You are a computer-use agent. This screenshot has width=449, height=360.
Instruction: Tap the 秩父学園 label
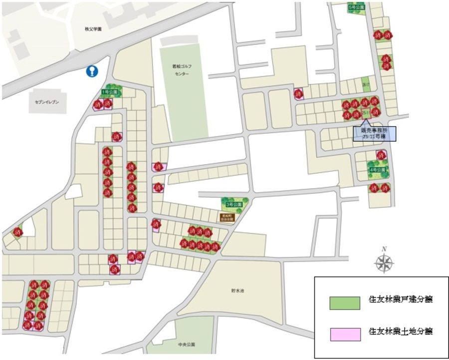pos(93,29)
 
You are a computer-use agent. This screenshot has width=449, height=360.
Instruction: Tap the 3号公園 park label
pos(233,205)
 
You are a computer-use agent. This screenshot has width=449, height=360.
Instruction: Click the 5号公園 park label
pos(356,7)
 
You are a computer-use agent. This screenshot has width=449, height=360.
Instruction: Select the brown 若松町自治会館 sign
pos(226,217)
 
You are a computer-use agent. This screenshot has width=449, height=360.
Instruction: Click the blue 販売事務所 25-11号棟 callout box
pos(374,133)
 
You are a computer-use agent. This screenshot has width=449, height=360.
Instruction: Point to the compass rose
pos(384,263)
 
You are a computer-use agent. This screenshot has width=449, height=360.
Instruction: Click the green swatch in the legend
pos(344,303)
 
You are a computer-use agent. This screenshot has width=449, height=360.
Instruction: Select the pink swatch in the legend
pos(344,334)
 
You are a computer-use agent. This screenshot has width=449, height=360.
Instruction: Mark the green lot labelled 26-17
pos(366,85)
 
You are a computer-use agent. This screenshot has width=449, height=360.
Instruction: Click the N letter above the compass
pos(384,249)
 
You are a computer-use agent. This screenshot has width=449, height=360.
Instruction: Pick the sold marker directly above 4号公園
pos(381,155)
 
